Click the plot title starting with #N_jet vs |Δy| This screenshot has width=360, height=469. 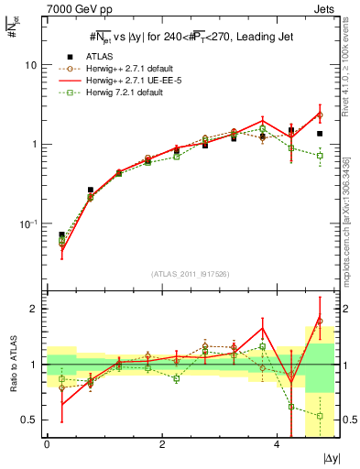[190, 37]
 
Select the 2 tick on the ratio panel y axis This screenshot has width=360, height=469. [35, 309]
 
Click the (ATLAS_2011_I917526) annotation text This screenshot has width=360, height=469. [190, 274]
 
